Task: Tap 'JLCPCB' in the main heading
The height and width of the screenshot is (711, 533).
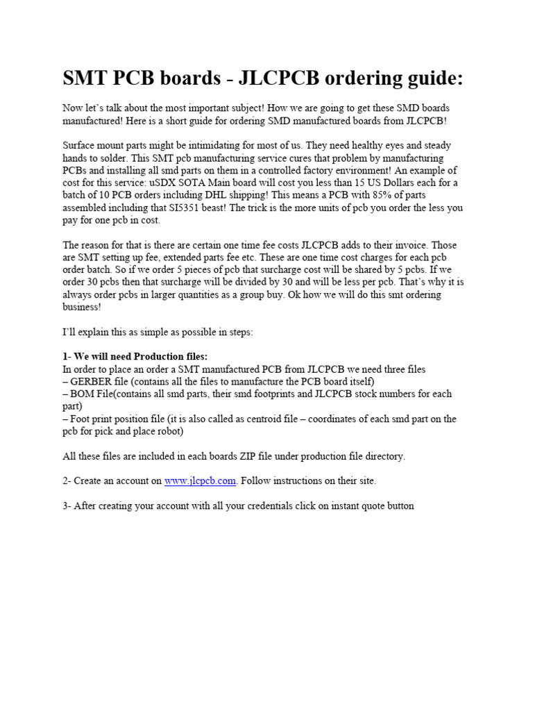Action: click(x=279, y=79)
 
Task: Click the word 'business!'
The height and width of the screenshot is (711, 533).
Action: click(x=82, y=308)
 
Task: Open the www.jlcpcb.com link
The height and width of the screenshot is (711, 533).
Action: click(x=201, y=481)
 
